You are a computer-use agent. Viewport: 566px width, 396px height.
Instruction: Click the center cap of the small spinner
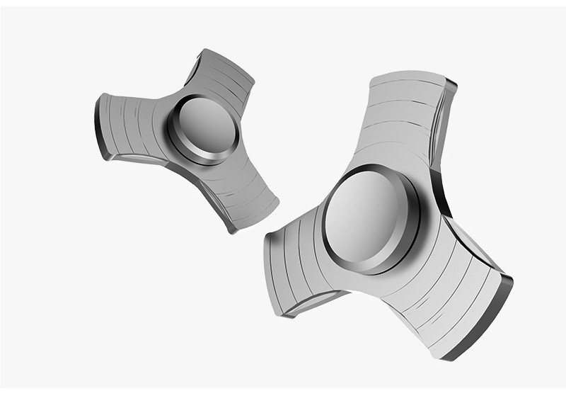coord(204,128)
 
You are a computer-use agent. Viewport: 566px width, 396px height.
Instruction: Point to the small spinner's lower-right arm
coord(241,190)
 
